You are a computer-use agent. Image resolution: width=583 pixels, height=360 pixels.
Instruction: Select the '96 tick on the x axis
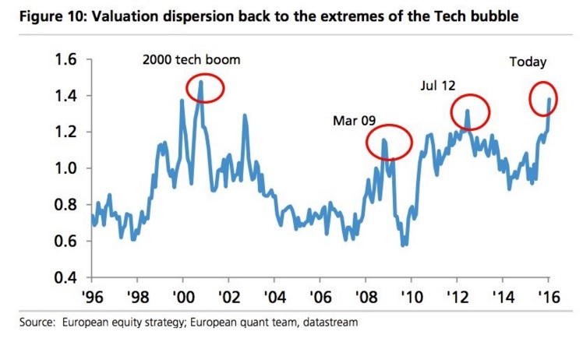tap(91, 297)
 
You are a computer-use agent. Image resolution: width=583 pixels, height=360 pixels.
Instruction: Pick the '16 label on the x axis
tap(549, 297)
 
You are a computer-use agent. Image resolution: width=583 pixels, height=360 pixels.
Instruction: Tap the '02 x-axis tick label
tap(228, 297)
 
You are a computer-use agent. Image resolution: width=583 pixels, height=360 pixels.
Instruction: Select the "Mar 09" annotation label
tap(355, 121)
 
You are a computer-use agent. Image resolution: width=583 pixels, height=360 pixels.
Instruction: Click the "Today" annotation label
tap(528, 62)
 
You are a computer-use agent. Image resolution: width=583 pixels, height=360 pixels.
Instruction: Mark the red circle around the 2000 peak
tap(204, 89)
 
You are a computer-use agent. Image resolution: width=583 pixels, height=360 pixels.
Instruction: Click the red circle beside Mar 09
tap(387, 142)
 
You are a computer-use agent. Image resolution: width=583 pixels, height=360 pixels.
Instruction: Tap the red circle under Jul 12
tap(470, 112)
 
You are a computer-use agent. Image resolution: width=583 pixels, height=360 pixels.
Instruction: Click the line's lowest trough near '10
tap(403, 245)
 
